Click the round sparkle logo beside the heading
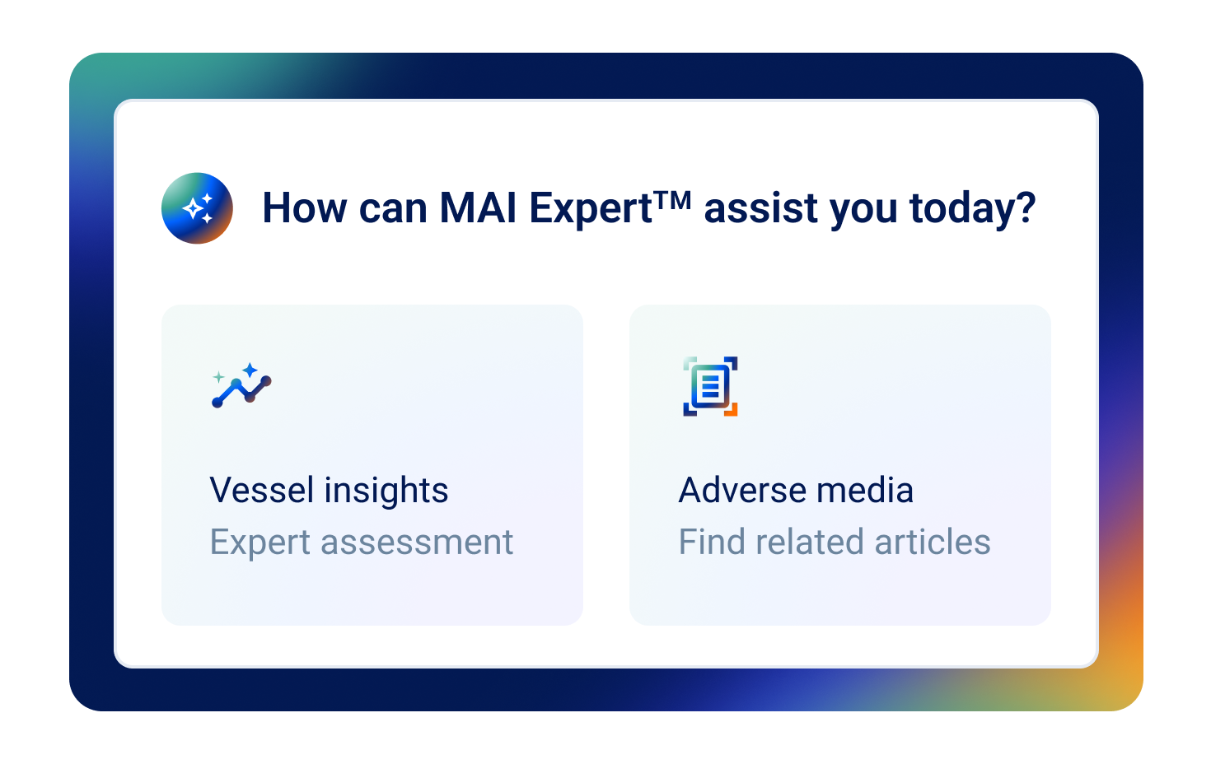pyautogui.click(x=197, y=208)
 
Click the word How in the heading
pyautogui.click(x=304, y=208)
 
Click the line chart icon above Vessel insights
pyautogui.click(x=241, y=386)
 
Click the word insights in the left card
pyautogui.click(x=386, y=491)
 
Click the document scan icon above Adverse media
pyautogui.click(x=710, y=386)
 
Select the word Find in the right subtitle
pyautogui.click(x=712, y=543)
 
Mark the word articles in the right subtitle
pyautogui.click(x=933, y=543)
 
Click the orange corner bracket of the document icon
pyautogui.click(x=732, y=409)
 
